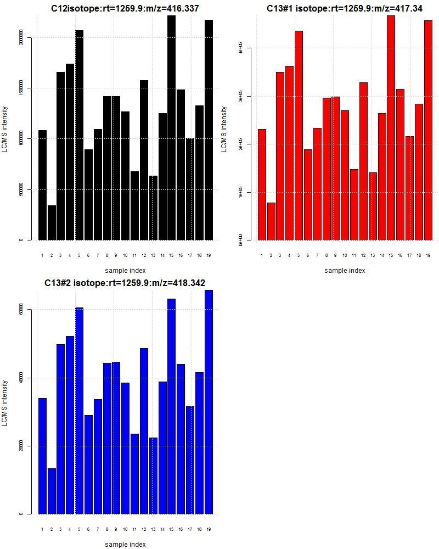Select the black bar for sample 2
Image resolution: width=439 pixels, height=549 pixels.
(x=52, y=223)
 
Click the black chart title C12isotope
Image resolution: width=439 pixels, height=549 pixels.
(x=125, y=9)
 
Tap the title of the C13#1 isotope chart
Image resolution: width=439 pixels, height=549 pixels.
(x=345, y=9)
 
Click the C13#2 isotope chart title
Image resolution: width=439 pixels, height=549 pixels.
(x=125, y=283)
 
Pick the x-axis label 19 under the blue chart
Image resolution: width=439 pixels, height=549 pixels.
(x=209, y=529)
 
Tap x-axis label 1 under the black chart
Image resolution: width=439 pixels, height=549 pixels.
(x=42, y=255)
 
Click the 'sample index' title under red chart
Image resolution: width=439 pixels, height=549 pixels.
(x=345, y=270)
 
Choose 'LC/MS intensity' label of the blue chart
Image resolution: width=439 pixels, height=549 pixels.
(x=5, y=403)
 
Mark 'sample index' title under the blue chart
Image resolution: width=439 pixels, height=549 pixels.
(x=125, y=544)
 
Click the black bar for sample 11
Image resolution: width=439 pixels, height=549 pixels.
(x=134, y=206)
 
